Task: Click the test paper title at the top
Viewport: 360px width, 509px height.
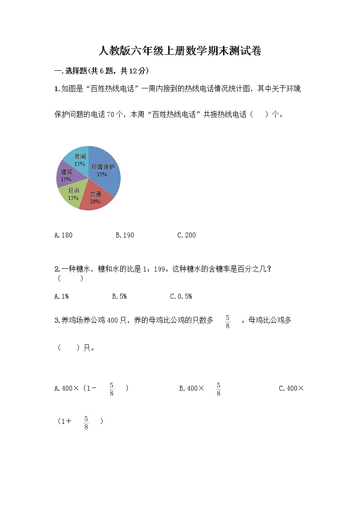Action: point(180,51)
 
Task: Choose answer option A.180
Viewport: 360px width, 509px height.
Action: point(63,235)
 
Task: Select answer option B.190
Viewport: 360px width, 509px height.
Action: point(125,235)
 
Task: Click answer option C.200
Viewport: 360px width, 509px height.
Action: point(186,235)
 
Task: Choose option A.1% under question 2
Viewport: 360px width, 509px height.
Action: point(61,296)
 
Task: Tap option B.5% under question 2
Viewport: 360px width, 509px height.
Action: point(119,296)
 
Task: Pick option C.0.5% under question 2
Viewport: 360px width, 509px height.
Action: point(181,296)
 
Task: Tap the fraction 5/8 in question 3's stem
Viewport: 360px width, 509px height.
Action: point(228,321)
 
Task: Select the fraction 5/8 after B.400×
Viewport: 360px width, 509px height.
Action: point(219,389)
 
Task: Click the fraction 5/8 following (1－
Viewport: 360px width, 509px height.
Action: point(112,389)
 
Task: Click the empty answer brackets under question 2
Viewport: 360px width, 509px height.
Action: point(70,278)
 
